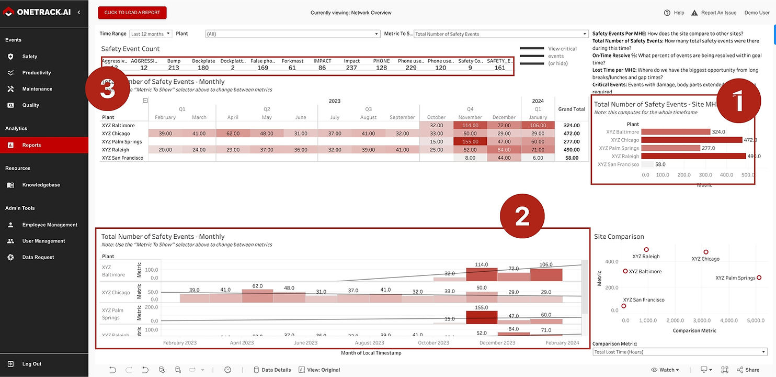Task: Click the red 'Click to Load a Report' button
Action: coord(132,13)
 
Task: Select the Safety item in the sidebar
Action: coord(29,57)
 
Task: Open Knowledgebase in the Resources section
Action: coord(41,185)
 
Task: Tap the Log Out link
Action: coord(31,364)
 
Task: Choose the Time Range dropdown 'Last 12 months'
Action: coord(151,34)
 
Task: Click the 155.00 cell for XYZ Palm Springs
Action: coord(470,141)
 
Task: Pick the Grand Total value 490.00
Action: coord(572,150)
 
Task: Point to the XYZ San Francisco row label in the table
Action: coord(122,158)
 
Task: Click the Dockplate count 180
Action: coord(203,68)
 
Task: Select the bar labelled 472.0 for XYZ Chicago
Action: coord(691,140)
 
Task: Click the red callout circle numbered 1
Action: coord(738,102)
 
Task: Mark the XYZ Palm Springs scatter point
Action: coord(759,278)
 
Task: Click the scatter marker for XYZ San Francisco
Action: coord(623,306)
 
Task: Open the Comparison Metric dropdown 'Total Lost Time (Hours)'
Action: coord(680,352)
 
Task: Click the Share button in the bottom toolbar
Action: coord(748,370)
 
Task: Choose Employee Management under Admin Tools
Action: coord(50,225)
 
